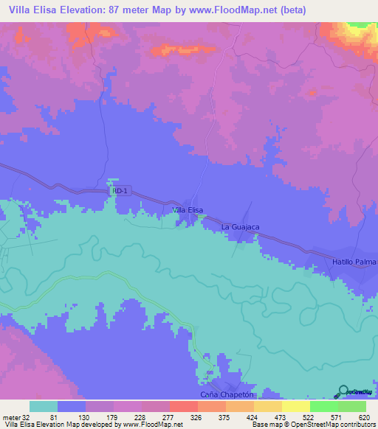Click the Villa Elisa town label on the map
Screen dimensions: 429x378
tap(187, 210)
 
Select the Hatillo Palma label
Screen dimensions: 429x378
tap(354, 262)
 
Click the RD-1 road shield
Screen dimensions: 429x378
tap(120, 190)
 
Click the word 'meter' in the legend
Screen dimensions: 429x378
tap(11, 417)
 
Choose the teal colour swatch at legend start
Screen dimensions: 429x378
tap(44, 406)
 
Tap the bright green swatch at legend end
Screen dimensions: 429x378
tap(351, 406)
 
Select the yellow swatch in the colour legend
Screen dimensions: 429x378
tap(296, 406)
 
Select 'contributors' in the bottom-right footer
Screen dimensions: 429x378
tap(354, 425)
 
